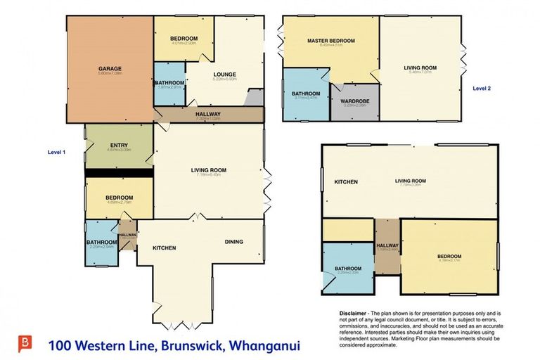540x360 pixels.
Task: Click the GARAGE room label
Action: pyautogui.click(x=111, y=68)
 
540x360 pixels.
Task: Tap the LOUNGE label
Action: pyautogui.click(x=225, y=75)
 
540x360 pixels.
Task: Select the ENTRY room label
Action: pyautogui.click(x=119, y=145)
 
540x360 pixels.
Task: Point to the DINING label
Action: pyautogui.click(x=234, y=242)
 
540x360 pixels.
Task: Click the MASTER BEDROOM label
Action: pyautogui.click(x=330, y=41)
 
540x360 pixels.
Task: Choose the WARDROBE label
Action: pyautogui.click(x=355, y=101)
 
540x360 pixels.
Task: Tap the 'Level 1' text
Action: pyautogui.click(x=56, y=152)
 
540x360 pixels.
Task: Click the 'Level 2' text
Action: pyautogui.click(x=482, y=89)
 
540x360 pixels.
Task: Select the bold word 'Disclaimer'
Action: pyautogui.click(x=347, y=313)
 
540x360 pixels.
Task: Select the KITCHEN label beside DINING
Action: pyautogui.click(x=164, y=248)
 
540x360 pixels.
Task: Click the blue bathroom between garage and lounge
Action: pyautogui.click(x=169, y=88)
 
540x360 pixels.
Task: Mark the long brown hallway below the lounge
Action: pyautogui.click(x=208, y=115)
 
